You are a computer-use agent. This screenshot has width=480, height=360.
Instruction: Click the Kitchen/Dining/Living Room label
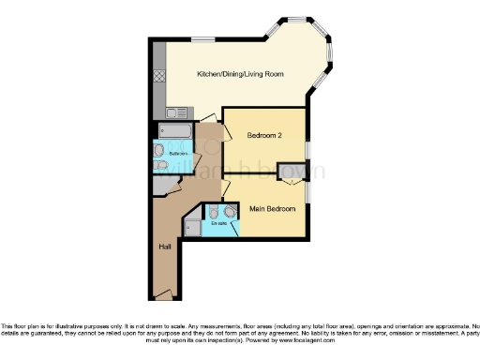pyautogui.click(x=240, y=74)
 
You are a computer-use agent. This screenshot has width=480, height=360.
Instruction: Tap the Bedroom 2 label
pyautogui.click(x=264, y=136)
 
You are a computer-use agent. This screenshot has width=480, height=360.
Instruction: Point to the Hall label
pyautogui.click(x=164, y=246)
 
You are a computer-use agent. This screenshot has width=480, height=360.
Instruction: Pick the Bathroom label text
pyautogui.click(x=178, y=152)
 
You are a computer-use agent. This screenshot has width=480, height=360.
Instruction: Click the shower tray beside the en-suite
pyautogui.click(x=192, y=225)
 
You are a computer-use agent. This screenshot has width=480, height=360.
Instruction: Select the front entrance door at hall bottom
pyautogui.click(x=164, y=295)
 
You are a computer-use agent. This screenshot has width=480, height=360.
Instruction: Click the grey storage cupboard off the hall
pyautogui.click(x=167, y=186)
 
